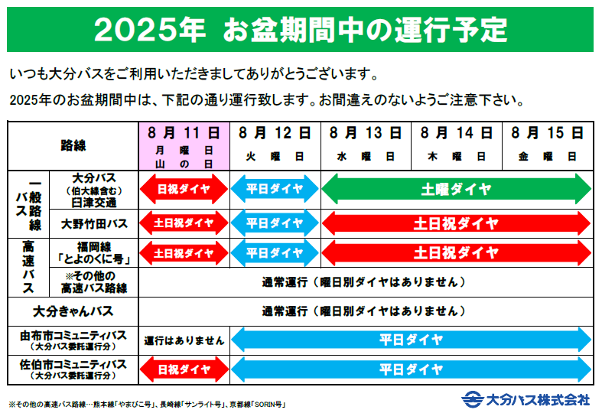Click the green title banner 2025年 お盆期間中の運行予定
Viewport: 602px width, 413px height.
coord(300,30)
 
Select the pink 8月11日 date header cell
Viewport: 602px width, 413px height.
coord(184,146)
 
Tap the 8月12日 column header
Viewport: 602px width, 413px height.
coord(275,146)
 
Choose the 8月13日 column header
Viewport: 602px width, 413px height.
coord(366,146)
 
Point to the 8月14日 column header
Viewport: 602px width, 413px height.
coord(457,146)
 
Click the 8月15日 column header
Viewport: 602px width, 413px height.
coord(548,146)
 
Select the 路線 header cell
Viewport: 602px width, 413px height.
coord(73,146)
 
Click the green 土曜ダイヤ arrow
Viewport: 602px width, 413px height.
coord(457,189)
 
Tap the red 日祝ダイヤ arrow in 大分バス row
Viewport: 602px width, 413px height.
coord(184,189)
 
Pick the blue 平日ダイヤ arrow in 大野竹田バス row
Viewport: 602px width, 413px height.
coord(275,223)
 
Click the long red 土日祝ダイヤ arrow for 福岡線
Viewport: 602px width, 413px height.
coord(457,253)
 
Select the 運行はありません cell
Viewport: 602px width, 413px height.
coord(184,341)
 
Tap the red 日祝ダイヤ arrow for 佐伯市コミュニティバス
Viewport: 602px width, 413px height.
coord(184,369)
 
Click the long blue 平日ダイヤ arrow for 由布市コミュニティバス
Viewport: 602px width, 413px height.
coord(412,340)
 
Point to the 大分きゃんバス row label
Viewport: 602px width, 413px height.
coord(73,311)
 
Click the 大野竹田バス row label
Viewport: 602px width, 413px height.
coord(94,223)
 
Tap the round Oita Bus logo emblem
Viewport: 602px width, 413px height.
coord(472,399)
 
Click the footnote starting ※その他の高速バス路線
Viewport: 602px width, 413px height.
coord(147,404)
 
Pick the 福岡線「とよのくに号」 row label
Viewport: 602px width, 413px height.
coord(94,253)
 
